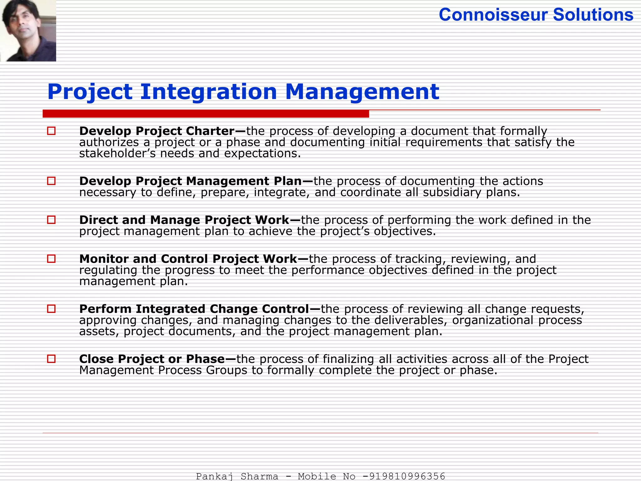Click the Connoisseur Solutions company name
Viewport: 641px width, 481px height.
(536, 15)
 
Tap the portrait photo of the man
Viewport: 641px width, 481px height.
(28, 30)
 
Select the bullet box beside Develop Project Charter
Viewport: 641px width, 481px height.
(51, 131)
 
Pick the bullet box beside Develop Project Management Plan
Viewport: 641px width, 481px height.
(51, 181)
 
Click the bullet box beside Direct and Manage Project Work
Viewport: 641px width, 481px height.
(51, 220)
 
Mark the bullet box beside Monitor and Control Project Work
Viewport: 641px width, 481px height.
(51, 259)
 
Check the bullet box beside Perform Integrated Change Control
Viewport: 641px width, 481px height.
(51, 309)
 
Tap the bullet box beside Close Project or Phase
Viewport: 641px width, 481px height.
(51, 359)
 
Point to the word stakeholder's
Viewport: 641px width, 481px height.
(117, 153)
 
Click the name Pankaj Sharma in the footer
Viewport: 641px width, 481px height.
(237, 476)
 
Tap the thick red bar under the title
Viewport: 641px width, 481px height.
(206, 114)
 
